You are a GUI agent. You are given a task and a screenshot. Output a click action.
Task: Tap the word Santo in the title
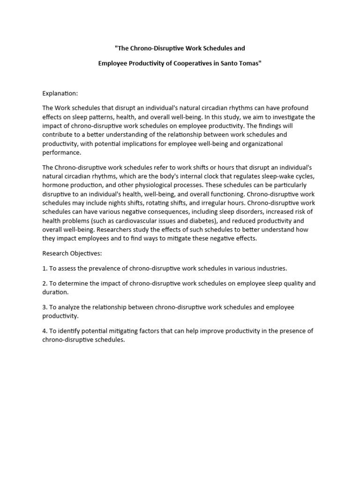click(x=232, y=63)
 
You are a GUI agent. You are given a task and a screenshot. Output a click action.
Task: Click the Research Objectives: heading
click(x=72, y=253)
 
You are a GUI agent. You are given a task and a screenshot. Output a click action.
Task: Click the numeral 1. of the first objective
click(x=45, y=269)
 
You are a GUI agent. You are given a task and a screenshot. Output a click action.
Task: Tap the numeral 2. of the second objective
click(x=45, y=284)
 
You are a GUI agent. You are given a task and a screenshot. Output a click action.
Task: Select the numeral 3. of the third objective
click(x=45, y=307)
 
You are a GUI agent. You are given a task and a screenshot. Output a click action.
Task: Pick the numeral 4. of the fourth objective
click(x=45, y=331)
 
